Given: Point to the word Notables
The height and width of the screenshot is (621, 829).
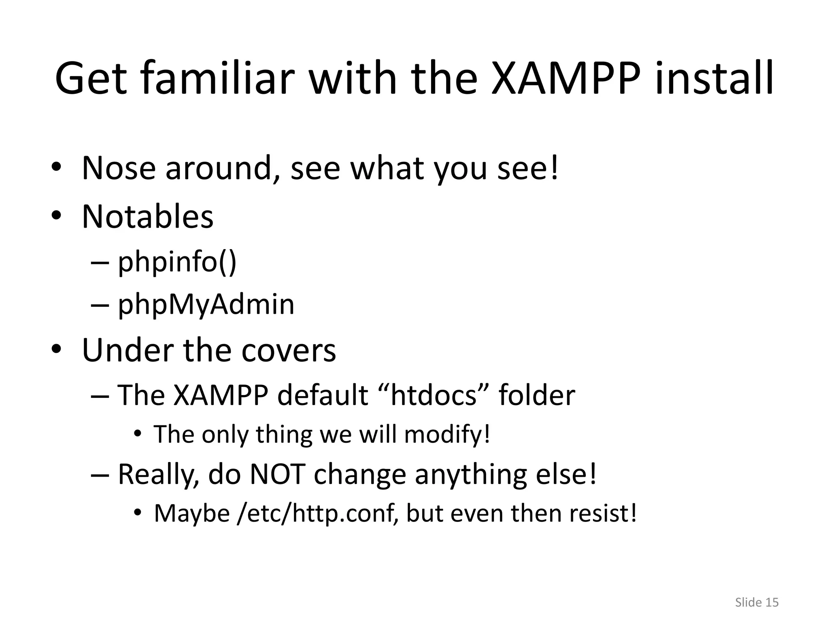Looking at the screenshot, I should (x=147, y=217).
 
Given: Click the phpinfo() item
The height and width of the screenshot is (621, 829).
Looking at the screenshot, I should (x=177, y=262).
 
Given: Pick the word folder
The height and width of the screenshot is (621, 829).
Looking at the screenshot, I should (x=536, y=395).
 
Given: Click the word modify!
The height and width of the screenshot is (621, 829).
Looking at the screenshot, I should (x=447, y=435).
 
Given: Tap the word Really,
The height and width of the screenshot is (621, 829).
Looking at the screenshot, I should (x=158, y=474).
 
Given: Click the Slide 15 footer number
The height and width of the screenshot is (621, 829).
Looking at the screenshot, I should (x=757, y=602).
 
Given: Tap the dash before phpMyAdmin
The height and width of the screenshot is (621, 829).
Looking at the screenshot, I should (x=100, y=305).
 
